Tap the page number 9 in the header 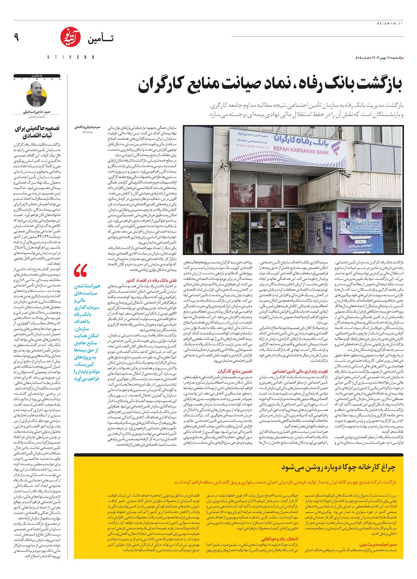pyautogui.click(x=16, y=38)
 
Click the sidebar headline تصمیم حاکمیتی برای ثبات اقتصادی pyautogui.click(x=37, y=132)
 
